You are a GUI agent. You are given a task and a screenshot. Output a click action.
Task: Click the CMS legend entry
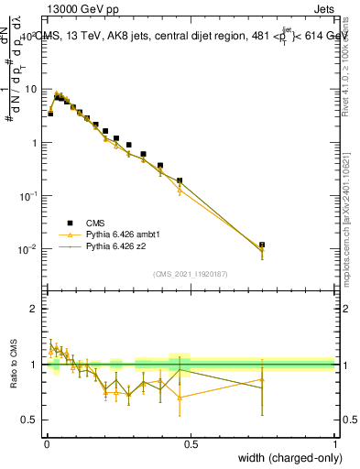point(96,222)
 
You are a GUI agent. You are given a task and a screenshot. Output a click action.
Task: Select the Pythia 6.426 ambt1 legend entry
point(122,234)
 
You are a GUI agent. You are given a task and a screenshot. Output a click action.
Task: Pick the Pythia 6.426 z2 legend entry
point(116,245)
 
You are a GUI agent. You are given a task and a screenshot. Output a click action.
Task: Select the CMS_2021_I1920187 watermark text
point(190,273)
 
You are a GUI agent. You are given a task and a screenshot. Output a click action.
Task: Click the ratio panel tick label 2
point(34,309)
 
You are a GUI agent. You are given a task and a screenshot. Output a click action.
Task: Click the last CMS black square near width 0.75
point(262,245)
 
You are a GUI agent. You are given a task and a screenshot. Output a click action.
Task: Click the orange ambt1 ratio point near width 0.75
point(262,379)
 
